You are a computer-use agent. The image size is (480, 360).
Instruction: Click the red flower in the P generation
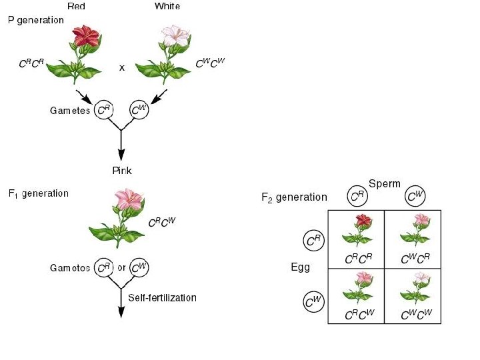[86, 36]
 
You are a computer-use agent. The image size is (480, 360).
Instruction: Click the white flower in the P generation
[175, 36]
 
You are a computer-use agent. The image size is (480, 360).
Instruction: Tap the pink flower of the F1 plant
[129, 199]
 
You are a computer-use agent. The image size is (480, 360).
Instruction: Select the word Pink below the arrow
[122, 171]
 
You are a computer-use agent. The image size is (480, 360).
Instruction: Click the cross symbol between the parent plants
[122, 68]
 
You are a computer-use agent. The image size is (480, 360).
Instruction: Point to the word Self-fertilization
[162, 297]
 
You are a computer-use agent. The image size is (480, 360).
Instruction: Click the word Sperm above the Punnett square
[385, 184]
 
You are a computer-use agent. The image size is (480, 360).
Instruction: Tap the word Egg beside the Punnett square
[300, 267]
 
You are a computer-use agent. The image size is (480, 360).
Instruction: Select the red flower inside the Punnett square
[363, 221]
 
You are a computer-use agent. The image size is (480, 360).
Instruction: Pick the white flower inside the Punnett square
[422, 277]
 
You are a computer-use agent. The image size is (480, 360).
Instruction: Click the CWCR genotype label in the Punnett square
[415, 259]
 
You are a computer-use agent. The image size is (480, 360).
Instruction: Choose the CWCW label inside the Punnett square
[416, 315]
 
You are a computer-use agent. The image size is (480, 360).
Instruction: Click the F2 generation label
[294, 197]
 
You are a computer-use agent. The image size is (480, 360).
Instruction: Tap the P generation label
[36, 20]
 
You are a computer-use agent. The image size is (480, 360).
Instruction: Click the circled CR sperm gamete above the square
[357, 196]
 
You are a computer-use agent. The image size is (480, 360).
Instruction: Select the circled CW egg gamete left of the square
[313, 302]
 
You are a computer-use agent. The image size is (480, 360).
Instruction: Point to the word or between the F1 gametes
[121, 267]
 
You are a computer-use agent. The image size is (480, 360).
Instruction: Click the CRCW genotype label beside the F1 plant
[162, 222]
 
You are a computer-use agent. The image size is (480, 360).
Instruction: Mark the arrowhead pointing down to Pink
[121, 155]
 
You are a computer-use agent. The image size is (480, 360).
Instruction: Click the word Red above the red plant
[76, 6]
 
